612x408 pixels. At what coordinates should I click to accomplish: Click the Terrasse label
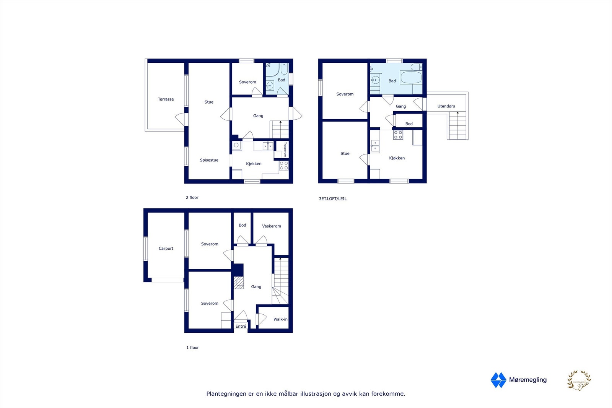pyautogui.click(x=166, y=99)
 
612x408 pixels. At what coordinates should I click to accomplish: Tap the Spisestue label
pyautogui.click(x=209, y=160)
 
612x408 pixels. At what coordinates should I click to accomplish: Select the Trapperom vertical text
pyautogui.click(x=285, y=149)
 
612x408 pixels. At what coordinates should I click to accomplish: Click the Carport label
pyautogui.click(x=166, y=249)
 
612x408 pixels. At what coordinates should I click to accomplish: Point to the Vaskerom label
pyautogui.click(x=272, y=226)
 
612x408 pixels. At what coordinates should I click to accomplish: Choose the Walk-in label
pyautogui.click(x=280, y=319)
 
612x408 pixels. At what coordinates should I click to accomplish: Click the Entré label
pyautogui.click(x=241, y=327)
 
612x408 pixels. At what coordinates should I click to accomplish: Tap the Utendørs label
pyautogui.click(x=446, y=106)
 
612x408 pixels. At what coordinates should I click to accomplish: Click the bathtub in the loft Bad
pyautogui.click(x=411, y=78)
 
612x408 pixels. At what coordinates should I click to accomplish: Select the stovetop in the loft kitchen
pyautogui.click(x=398, y=135)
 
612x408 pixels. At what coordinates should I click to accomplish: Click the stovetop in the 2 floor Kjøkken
pyautogui.click(x=284, y=166)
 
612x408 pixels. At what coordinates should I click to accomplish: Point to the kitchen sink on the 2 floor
pyautogui.click(x=268, y=146)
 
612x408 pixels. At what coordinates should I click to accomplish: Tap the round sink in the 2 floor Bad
pyautogui.click(x=270, y=85)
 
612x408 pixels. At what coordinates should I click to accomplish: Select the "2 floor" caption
pyautogui.click(x=192, y=198)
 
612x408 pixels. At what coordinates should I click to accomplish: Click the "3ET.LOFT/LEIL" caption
pyautogui.click(x=333, y=199)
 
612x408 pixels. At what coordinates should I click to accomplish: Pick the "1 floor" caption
pyautogui.click(x=192, y=348)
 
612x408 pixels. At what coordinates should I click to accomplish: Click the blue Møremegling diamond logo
pyautogui.click(x=498, y=380)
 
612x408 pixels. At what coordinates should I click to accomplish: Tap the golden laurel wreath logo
pyautogui.click(x=579, y=380)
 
